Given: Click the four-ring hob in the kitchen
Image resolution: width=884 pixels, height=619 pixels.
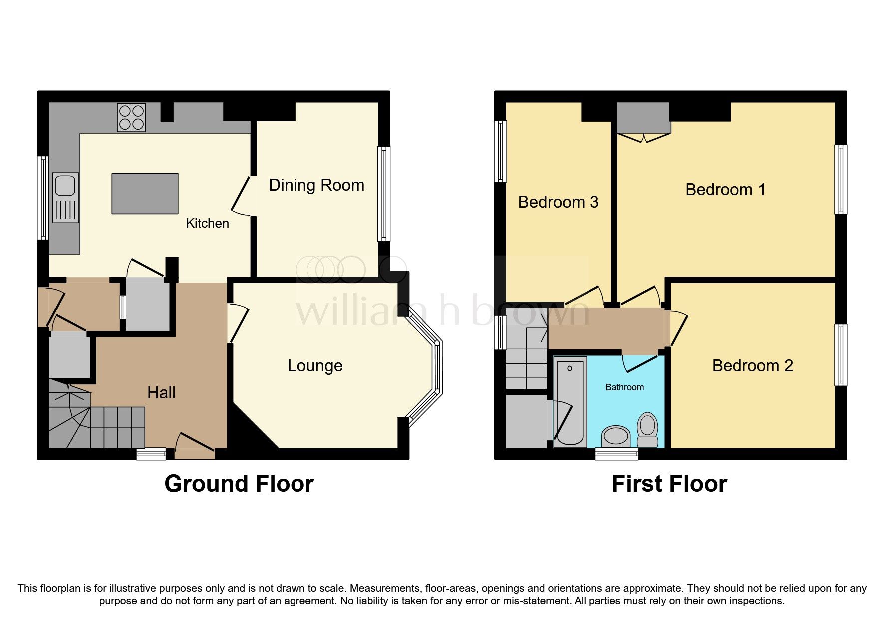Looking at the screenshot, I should coord(131,117).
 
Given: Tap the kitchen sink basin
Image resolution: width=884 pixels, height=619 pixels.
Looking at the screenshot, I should coord(65,185).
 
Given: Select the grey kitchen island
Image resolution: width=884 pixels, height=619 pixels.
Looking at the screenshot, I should coord(145,193).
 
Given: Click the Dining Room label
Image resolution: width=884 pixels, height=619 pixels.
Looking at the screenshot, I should coord(316,185).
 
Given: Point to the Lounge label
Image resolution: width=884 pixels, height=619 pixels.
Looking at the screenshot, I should coord(315,366).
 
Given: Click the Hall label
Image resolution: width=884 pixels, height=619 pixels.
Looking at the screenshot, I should coord(161,393).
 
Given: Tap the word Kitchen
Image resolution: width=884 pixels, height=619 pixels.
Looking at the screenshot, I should coord(207,223).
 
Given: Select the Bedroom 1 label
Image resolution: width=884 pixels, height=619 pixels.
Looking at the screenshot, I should coord(725,190).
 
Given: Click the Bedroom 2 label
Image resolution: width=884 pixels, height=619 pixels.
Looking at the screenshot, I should coord(752,366).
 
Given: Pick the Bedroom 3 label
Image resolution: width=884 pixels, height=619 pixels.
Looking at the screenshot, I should coord(558,202).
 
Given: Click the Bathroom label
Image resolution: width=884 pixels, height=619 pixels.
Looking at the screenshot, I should coord(624,387).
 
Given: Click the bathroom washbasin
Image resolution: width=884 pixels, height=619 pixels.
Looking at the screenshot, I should coord(616,436).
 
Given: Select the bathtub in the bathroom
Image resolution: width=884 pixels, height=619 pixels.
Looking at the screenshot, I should coord(570,402).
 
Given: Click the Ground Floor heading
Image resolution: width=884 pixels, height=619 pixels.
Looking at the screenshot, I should coord(239,484).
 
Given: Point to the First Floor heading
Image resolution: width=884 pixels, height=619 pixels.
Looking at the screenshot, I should coord(669,484).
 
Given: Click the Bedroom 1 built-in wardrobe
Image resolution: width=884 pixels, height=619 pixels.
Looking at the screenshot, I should coord(642,117).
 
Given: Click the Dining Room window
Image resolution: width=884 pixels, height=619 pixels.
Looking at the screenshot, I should coord(383,194).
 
